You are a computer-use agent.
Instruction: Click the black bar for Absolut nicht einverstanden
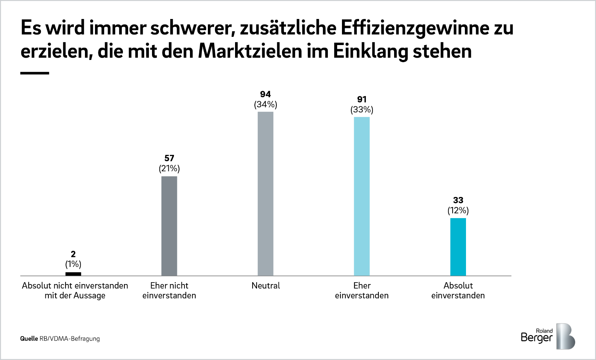pyautogui.click(x=73, y=274)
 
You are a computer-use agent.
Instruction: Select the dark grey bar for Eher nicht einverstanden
pyautogui.click(x=169, y=226)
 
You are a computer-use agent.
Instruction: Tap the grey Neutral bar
pyautogui.click(x=266, y=194)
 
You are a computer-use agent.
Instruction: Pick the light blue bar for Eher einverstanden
pyautogui.click(x=362, y=196)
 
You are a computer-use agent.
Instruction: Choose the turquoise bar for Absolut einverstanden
pyautogui.click(x=458, y=247)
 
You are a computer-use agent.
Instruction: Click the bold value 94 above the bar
pyautogui.click(x=266, y=94)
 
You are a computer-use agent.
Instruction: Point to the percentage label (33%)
pyautogui.click(x=362, y=110)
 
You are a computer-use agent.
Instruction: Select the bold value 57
pyautogui.click(x=169, y=158)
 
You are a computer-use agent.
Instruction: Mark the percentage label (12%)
pyautogui.click(x=458, y=211)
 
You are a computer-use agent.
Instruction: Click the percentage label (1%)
pyautogui.click(x=73, y=264)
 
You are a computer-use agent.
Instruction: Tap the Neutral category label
pyautogui.click(x=266, y=286)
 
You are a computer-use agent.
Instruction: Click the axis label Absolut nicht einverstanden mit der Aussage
pyautogui.click(x=75, y=290)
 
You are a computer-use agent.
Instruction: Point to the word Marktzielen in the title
pyautogui.click(x=250, y=51)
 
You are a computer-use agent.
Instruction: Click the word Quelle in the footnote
pyautogui.click(x=29, y=339)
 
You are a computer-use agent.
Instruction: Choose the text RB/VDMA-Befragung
pyautogui.click(x=70, y=339)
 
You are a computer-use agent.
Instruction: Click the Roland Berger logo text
pyautogui.click(x=537, y=336)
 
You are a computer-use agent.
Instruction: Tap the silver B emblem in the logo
pyautogui.click(x=565, y=336)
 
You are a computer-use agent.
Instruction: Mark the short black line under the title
pyautogui.click(x=35, y=73)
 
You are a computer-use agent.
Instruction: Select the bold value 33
pyautogui.click(x=458, y=200)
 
